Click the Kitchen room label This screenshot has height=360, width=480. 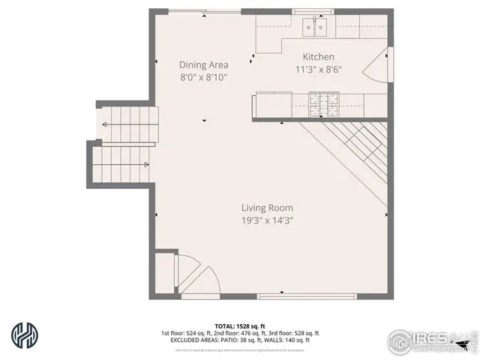click(x=318, y=57)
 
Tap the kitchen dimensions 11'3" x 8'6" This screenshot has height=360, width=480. click(x=318, y=69)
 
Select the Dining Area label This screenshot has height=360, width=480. click(x=203, y=64)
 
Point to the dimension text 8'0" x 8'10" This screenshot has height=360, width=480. click(x=203, y=76)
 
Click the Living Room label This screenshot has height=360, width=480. click(x=267, y=208)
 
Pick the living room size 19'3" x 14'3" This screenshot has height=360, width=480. click(x=267, y=220)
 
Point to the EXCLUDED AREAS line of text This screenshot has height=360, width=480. click(x=240, y=340)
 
